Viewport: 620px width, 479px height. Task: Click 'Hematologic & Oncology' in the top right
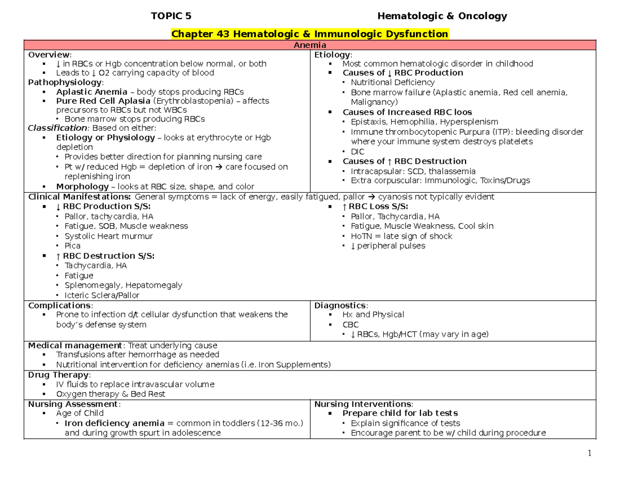pyautogui.click(x=442, y=16)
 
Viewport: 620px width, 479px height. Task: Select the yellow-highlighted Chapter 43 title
pyautogui.click(x=309, y=34)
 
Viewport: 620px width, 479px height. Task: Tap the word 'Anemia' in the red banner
pyautogui.click(x=309, y=45)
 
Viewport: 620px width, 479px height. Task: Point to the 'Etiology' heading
pyautogui.click(x=332, y=54)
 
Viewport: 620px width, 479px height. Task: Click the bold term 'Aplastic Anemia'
pyautogui.click(x=84, y=91)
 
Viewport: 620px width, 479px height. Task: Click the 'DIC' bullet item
pyautogui.click(x=358, y=151)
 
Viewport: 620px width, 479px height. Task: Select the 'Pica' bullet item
pyautogui.click(x=73, y=246)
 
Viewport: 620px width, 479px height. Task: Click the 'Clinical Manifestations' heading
pyautogui.click(x=80, y=197)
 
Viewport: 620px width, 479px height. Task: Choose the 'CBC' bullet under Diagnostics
pyautogui.click(x=350, y=325)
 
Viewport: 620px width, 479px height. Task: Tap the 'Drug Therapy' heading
pyautogui.click(x=59, y=375)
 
